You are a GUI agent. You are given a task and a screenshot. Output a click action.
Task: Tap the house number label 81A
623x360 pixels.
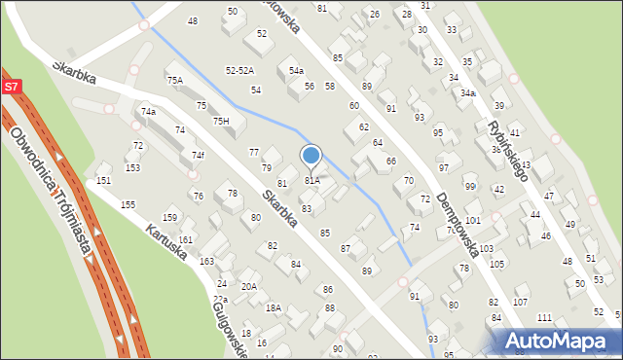click(x=312, y=180)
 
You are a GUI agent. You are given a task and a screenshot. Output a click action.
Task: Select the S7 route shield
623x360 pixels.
click(x=11, y=87)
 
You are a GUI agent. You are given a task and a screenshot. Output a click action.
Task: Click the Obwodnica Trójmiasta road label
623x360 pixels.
click(x=57, y=204)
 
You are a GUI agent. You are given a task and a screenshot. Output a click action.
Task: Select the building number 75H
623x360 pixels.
click(x=221, y=121)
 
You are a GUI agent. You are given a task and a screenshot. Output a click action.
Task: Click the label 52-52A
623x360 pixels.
click(x=239, y=71)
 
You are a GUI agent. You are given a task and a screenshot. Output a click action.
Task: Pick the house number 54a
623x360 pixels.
click(x=296, y=71)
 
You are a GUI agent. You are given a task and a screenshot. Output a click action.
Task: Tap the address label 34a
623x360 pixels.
click(x=467, y=92)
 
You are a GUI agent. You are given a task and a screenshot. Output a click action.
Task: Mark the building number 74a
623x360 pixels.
click(x=148, y=112)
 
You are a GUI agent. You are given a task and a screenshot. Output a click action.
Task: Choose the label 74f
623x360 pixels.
click(x=198, y=155)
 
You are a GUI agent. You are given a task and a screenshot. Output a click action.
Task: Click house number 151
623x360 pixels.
click(x=103, y=180)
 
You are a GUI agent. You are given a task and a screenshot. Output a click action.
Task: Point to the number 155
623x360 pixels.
click(x=128, y=205)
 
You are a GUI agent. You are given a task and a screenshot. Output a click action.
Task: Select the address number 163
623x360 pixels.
click(x=206, y=261)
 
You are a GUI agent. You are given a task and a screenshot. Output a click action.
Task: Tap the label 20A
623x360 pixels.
click(x=249, y=286)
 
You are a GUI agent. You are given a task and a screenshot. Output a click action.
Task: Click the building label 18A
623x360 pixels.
click(x=274, y=307)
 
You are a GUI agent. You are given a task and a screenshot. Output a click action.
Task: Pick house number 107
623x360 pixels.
click(x=520, y=302)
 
